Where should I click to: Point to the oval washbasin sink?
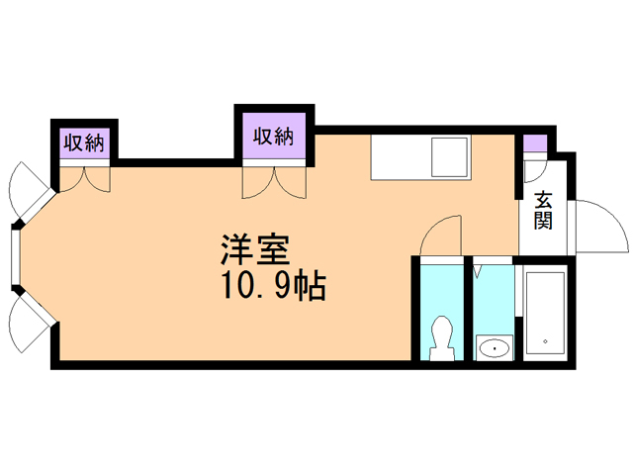493,346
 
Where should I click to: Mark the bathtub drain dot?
544,342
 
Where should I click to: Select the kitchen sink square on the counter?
451,158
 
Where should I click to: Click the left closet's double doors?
85,178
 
